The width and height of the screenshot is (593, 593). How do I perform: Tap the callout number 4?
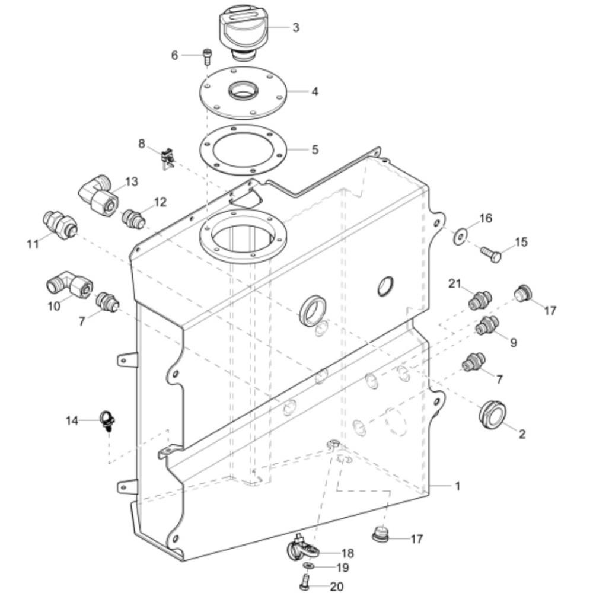click(315, 91)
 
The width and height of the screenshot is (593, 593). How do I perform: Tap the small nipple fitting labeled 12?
click(133, 219)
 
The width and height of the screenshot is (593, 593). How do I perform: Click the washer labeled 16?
click(460, 237)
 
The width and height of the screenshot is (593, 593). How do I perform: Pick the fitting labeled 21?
click(480, 300)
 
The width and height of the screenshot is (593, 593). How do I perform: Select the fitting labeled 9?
click(487, 326)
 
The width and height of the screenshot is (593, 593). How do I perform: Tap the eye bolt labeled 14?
click(107, 421)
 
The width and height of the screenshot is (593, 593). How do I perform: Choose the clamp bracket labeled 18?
click(302, 548)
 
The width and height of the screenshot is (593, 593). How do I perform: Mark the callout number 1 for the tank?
click(458, 486)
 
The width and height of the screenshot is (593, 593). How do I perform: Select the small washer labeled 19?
click(309, 565)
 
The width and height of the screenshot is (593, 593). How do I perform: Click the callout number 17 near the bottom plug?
click(417, 539)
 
